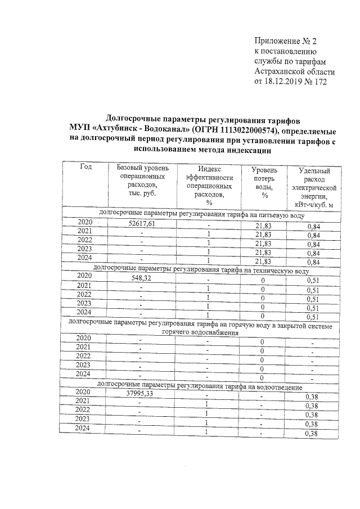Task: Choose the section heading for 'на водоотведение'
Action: click(x=201, y=387)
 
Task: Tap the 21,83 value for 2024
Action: click(x=264, y=262)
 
